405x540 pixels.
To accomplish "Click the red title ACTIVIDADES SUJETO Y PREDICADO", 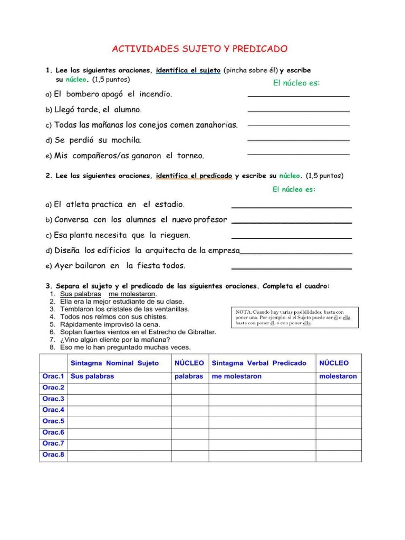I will tap(200, 49).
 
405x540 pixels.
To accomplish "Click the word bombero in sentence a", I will tap(82, 94).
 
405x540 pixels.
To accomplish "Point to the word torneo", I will tap(189, 156).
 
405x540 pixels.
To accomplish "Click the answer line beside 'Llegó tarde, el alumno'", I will tap(298, 111).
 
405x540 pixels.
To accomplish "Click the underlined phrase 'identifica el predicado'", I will tap(194, 176).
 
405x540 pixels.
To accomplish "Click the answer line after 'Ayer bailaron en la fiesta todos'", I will tap(291, 268).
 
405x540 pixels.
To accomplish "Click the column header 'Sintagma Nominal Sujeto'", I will tap(114, 363).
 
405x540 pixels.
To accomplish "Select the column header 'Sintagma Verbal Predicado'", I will tap(258, 363).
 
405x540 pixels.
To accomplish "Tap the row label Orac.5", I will tap(53, 421).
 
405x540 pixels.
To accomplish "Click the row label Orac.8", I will tap(53, 455).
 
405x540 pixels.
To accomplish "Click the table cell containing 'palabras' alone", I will tap(188, 377).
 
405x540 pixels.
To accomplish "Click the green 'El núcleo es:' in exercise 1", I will tap(296, 83).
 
